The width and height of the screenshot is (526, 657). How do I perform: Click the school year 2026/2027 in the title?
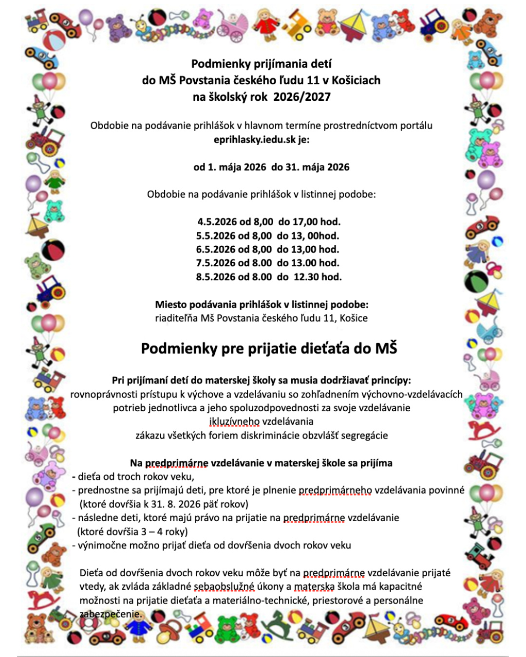[x=302, y=97]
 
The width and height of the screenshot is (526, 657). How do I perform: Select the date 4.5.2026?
[x=217, y=222]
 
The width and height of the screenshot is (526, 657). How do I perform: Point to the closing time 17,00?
[x=305, y=222]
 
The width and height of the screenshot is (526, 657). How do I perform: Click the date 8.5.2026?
[x=216, y=277]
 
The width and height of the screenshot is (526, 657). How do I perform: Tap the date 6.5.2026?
[x=216, y=249]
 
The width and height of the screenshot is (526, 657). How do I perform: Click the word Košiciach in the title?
[x=356, y=80]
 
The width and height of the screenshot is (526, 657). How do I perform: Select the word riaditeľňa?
[x=176, y=318]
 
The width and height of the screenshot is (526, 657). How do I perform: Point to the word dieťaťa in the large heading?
[x=321, y=348]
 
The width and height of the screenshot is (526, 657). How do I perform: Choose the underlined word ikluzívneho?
[x=234, y=421]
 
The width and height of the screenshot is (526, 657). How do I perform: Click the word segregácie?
[x=364, y=435]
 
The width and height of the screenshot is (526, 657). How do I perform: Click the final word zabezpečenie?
[x=111, y=614]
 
